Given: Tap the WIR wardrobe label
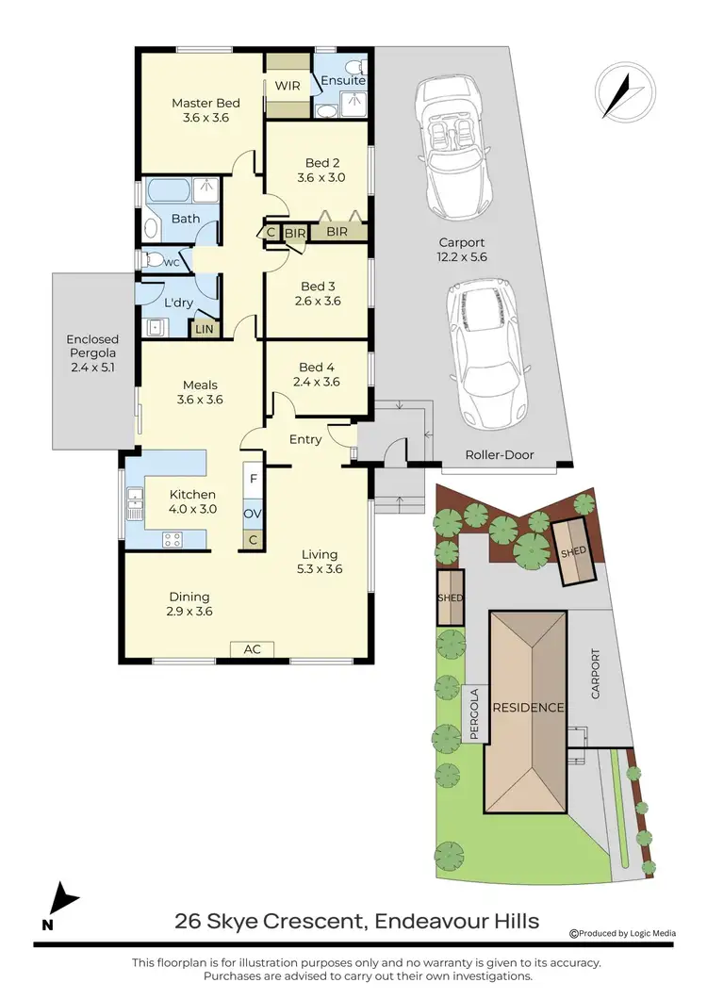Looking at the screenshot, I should point(287,85).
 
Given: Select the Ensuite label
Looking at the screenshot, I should point(343,82).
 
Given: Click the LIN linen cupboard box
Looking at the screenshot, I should point(204,328).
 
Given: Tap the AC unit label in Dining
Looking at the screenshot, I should point(253,649).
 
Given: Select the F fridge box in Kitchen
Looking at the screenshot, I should point(253,479).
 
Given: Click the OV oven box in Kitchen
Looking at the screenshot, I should point(253,514).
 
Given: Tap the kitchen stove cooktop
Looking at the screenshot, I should point(173,539).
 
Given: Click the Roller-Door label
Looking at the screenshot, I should point(500,454).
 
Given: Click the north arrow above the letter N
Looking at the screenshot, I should point(61,896).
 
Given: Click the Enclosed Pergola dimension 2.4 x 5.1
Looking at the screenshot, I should point(92,368).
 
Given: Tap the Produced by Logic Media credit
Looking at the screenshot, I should point(623,933).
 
